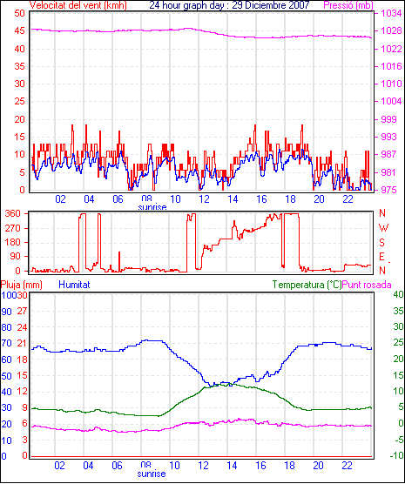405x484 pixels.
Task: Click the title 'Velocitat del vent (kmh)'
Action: [78, 5]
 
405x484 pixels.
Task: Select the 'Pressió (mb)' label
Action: [348, 5]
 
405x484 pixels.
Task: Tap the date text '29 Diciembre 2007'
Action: [271, 5]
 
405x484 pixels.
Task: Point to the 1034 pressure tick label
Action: [391, 13]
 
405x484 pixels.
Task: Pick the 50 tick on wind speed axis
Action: [19, 13]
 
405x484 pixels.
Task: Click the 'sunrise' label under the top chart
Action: [152, 207]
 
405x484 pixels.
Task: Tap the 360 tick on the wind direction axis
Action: [13, 213]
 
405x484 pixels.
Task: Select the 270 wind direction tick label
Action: [13, 228]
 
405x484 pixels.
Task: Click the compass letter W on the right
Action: [383, 228]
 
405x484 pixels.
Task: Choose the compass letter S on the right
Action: [381, 243]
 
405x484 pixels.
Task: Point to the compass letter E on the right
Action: [381, 257]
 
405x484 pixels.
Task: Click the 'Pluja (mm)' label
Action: [22, 285]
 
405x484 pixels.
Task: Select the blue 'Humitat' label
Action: [74, 285]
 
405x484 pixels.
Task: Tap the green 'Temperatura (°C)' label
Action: [307, 285]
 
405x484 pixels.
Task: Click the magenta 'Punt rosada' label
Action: [367, 285]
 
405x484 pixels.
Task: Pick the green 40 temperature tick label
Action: [398, 294]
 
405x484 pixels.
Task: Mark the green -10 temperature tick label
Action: [397, 455]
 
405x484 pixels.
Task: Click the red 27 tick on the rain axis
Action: [23, 311]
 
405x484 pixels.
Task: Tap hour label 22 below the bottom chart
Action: [347, 466]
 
